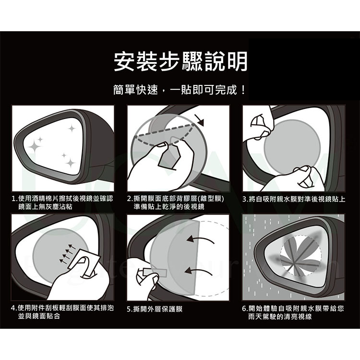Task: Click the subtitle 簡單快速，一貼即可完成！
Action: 180,90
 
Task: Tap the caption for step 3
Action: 294,199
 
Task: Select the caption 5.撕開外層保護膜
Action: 155,309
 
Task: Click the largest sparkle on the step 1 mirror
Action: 35,145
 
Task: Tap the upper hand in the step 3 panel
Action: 259,124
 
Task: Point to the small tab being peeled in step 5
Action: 155,273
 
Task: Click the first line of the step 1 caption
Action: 62,199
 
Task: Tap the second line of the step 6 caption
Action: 280,317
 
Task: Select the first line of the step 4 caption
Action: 62,308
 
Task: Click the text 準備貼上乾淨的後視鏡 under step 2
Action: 169,206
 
